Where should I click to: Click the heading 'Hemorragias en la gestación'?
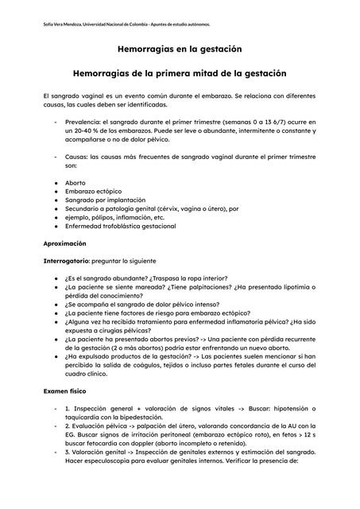pos(180,49)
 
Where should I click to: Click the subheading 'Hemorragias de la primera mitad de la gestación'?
pos(180,73)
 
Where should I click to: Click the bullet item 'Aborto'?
pos(75,182)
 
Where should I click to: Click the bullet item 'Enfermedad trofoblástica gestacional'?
pos(121,226)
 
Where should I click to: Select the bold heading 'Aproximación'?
pos(64,243)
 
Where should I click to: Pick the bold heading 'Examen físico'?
pos(65,391)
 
